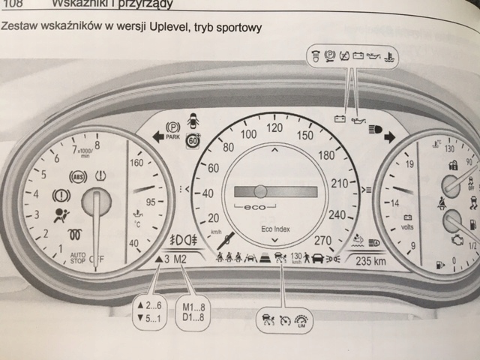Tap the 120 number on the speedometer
(274, 128)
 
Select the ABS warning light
(76, 178)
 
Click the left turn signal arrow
(158, 136)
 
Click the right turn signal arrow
(391, 136)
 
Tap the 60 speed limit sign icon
(193, 139)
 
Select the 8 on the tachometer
(97, 145)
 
